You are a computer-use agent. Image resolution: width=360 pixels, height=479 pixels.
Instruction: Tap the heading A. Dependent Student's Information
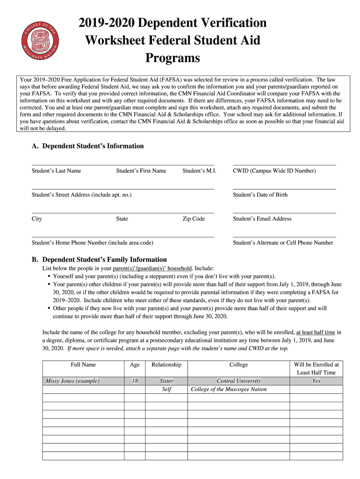[87, 146]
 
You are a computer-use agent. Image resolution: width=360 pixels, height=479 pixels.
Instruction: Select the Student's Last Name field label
[56, 171]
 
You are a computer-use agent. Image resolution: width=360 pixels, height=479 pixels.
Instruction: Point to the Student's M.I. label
[199, 171]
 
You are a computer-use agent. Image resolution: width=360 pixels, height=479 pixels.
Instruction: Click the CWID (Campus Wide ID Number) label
[274, 171]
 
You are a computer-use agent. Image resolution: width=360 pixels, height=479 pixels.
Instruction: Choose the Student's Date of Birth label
[260, 195]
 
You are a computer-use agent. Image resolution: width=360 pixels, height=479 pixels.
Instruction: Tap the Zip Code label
[194, 218]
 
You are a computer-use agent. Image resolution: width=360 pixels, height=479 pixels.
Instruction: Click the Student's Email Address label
[262, 218]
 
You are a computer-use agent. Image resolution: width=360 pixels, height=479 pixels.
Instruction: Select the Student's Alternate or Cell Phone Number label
[283, 243]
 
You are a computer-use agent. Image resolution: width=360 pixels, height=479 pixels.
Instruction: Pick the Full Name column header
[83, 364]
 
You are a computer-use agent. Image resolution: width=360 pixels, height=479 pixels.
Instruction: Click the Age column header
[135, 364]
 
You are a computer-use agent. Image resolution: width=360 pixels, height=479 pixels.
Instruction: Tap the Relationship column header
[166, 364]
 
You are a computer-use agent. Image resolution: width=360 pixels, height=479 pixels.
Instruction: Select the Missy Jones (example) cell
[72, 381]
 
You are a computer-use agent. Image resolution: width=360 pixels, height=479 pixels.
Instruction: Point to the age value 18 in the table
[135, 381]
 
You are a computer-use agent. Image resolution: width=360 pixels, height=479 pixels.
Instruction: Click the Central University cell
[238, 381]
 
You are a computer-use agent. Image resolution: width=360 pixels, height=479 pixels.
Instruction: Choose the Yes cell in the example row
[316, 381]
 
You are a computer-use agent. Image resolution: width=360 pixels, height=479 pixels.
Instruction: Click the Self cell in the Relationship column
[166, 389]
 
